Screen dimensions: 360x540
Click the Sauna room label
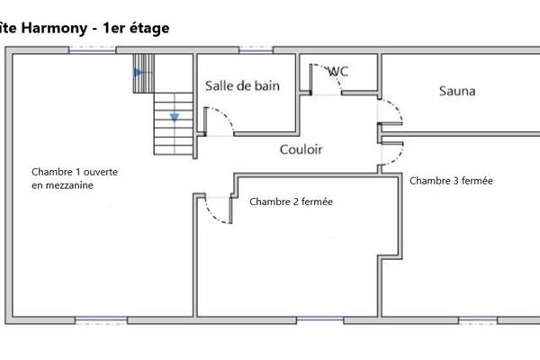pyautogui.click(x=457, y=91)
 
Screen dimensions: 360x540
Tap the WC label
pyautogui.click(x=338, y=71)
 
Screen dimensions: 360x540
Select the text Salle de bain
pyautogui.click(x=242, y=86)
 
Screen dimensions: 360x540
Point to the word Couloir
pyautogui.click(x=301, y=149)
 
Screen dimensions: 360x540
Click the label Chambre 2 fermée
pyautogui.click(x=291, y=202)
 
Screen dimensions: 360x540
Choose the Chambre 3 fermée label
pyautogui.click(x=451, y=181)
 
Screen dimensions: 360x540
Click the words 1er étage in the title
pyautogui.click(x=135, y=28)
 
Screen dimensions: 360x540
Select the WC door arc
pyautogui.click(x=325, y=81)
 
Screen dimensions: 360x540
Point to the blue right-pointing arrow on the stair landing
pyautogui.click(x=139, y=72)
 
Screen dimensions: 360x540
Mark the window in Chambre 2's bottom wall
pyautogui.click(x=320, y=319)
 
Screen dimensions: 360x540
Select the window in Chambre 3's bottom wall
pyautogui.click(x=478, y=319)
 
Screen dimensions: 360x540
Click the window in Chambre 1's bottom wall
pyautogui.click(x=100, y=319)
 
